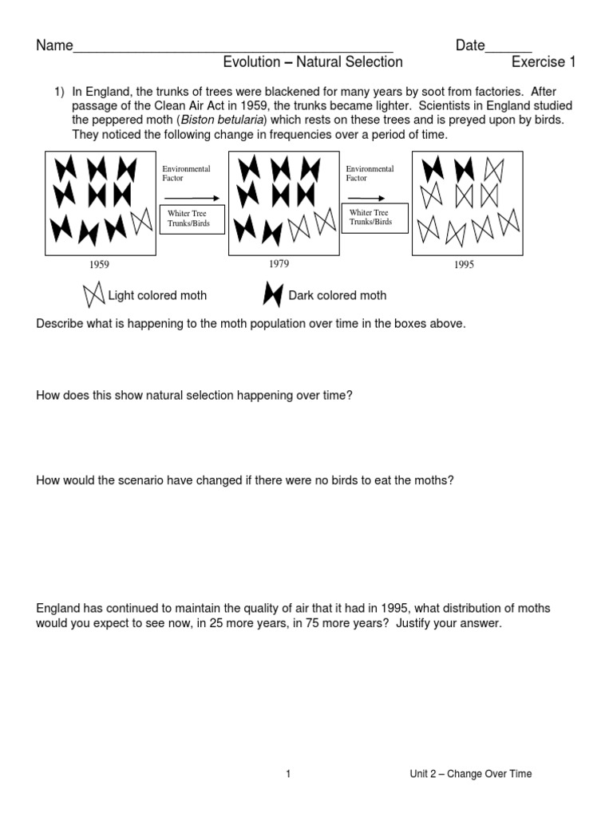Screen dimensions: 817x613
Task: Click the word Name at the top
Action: [54, 45]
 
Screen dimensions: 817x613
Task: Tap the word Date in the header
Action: [470, 45]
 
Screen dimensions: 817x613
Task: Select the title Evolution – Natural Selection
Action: [313, 62]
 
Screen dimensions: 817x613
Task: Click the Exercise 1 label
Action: [543, 62]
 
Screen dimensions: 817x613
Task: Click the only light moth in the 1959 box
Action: [142, 220]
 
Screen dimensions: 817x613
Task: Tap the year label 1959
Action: [100, 265]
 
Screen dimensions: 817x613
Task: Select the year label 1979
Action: [279, 264]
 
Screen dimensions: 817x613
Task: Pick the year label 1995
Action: [464, 265]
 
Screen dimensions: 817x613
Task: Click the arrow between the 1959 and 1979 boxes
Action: [191, 197]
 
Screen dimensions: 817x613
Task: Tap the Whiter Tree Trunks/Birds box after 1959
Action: [192, 218]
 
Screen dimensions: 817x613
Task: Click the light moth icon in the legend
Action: [93, 296]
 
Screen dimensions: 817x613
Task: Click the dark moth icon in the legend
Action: [273, 296]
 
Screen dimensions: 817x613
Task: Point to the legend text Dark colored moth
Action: [337, 296]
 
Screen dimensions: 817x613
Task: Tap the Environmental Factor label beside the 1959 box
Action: [186, 174]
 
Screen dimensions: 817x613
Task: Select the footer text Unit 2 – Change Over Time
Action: [470, 774]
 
